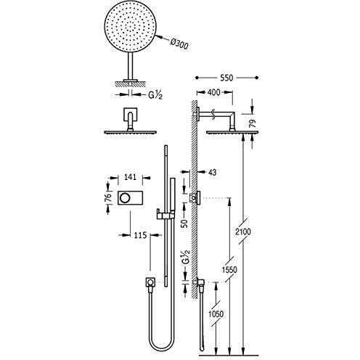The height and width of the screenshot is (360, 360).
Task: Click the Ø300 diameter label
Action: pyautogui.click(x=179, y=44)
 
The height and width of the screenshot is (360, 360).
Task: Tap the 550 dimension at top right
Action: pyautogui.click(x=226, y=78)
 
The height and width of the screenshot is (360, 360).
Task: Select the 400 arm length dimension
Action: pyautogui.click(x=213, y=92)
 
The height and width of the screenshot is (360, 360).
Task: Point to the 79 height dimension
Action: pyautogui.click(x=253, y=124)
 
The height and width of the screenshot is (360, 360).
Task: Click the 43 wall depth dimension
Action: pyautogui.click(x=212, y=173)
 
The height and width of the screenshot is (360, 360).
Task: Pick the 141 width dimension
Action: pyautogui.click(x=131, y=177)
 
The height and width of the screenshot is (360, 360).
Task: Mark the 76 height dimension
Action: pyautogui.click(x=109, y=197)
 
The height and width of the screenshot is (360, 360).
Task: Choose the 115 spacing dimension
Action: pyautogui.click(x=140, y=234)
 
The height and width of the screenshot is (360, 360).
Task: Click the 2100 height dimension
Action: pyautogui.click(x=243, y=232)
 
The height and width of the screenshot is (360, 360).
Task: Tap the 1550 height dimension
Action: pyautogui.click(x=229, y=269)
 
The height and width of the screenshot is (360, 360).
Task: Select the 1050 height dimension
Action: pyautogui.click(x=216, y=314)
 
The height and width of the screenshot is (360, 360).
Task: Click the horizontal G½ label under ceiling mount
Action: pyautogui.click(x=155, y=95)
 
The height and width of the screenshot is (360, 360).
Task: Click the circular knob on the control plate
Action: pyautogui.click(x=125, y=198)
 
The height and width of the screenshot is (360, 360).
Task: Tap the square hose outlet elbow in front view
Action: pyautogui.click(x=150, y=282)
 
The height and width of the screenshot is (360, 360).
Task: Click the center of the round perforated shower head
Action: pyautogui.click(x=131, y=26)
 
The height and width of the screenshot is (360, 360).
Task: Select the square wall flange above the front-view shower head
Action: pyautogui.click(x=131, y=114)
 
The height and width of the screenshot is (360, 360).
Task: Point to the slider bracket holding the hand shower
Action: pyautogui.click(x=165, y=214)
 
